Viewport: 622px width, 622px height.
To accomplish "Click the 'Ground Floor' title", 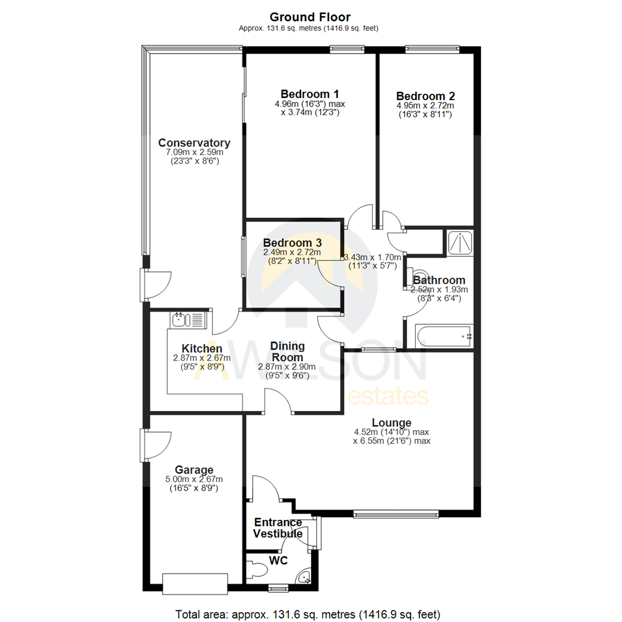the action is [x=310, y=17].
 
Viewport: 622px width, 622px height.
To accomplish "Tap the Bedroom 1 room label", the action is [x=309, y=94].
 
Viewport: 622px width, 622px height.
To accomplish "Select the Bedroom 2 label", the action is [x=425, y=96].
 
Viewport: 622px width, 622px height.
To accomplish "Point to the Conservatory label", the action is [x=194, y=142].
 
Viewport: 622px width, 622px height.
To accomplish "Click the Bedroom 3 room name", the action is [x=292, y=242].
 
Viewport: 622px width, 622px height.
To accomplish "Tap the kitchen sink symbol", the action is [x=188, y=320].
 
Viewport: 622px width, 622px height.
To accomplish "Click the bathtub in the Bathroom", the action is [x=443, y=336].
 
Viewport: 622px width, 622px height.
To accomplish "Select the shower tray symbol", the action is [x=460, y=242].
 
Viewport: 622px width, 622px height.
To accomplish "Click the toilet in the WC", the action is [x=256, y=570].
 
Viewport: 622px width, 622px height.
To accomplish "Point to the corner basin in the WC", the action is [x=305, y=577].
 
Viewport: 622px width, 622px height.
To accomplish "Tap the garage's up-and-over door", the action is [x=195, y=583].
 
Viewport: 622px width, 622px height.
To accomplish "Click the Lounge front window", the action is [x=396, y=514].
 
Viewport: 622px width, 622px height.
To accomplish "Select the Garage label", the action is [x=194, y=470].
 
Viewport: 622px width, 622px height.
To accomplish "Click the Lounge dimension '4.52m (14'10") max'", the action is [x=391, y=432].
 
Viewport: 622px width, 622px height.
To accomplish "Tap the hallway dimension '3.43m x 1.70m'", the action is [x=373, y=257].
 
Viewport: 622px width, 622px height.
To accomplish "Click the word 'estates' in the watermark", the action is [x=388, y=396].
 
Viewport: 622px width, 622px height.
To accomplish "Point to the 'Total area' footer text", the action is [x=308, y=615].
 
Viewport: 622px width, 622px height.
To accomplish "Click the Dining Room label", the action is [x=287, y=351].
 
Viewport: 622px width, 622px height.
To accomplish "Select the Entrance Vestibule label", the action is [x=278, y=528].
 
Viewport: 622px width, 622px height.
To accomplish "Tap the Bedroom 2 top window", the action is [x=432, y=50].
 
